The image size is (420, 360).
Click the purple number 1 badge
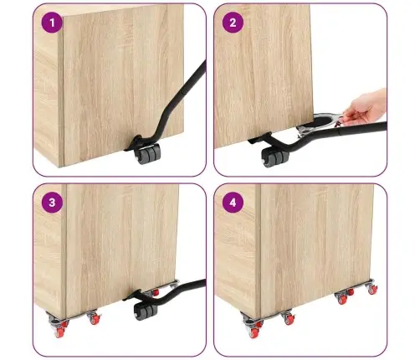point(52,23)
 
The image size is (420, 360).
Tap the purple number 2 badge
point(233,23)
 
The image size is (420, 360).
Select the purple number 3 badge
point(52,203)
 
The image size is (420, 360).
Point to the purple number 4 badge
point(233,203)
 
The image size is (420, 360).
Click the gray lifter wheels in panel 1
point(147,154)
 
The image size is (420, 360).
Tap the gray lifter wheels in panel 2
point(275,158)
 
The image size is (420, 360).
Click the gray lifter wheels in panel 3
point(146,309)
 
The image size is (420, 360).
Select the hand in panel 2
point(365,107)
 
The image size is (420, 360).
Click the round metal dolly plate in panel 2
point(320,124)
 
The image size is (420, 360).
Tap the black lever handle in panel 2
point(335,134)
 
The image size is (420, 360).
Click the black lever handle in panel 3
point(178,291)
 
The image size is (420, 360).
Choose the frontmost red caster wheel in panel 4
point(254,332)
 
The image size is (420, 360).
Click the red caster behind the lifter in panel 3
point(155,292)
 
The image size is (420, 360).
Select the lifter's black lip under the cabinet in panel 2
point(259,138)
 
